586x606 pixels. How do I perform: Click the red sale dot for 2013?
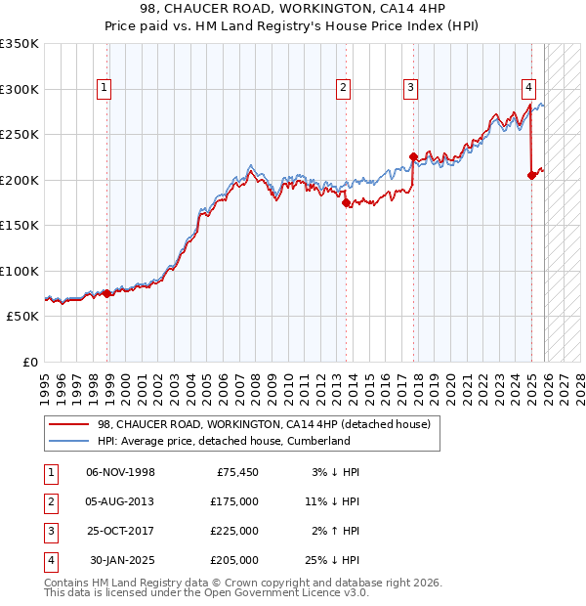coord(347,203)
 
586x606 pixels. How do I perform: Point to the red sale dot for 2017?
coord(413,156)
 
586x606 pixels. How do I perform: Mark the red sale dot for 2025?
coord(531,175)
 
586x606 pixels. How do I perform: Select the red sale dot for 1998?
coord(107,292)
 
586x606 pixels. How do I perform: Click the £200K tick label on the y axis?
coord(20,180)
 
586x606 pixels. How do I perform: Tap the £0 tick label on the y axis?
coord(29,362)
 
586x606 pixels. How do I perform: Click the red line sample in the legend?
coord(68,424)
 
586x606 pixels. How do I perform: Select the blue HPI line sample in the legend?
coord(68,441)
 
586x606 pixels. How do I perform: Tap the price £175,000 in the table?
coord(234,501)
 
